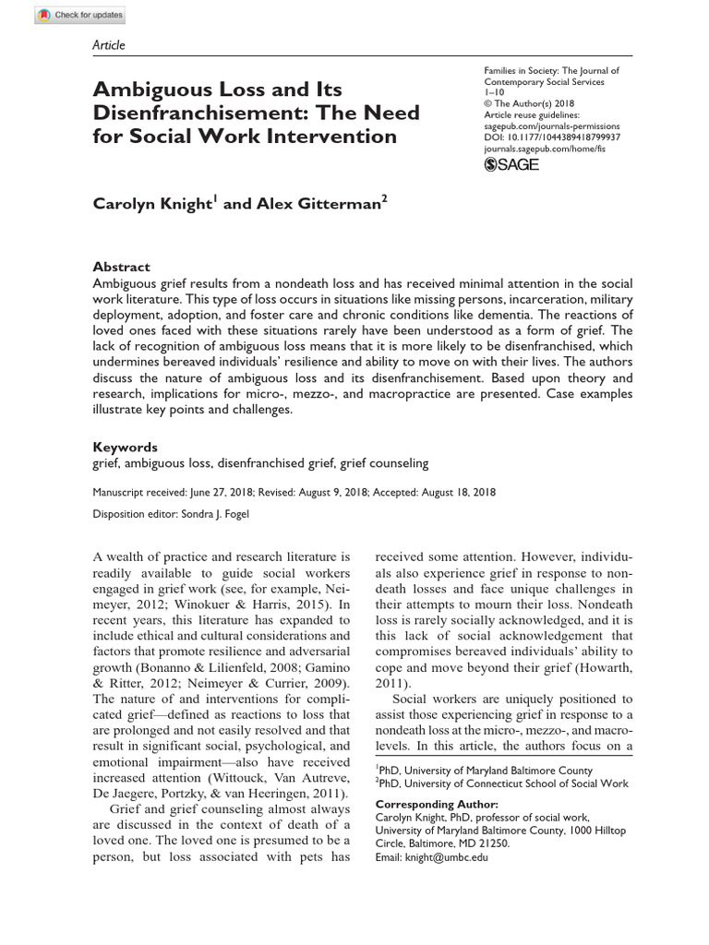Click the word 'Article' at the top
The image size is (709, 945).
point(109,45)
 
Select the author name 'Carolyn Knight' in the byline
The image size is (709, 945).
point(152,205)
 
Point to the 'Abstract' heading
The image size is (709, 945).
point(122,267)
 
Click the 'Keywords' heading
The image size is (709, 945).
point(126,447)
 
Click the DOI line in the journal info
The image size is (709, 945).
point(552,138)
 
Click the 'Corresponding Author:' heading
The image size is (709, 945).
point(436,805)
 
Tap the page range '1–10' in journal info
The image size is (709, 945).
point(497,93)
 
